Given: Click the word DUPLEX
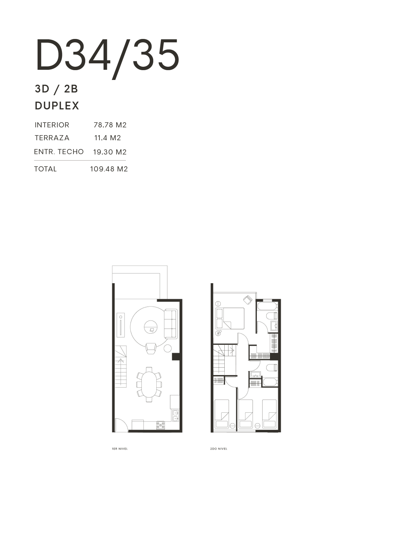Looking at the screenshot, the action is pos(57,106).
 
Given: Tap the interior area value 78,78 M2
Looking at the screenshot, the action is pos(110,125).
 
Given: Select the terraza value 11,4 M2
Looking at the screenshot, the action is pos(108,138).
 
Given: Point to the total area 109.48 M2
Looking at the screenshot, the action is pos(109,169).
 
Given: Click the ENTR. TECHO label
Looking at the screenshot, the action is pos(59,152).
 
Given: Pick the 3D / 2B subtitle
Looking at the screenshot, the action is pos(56,89).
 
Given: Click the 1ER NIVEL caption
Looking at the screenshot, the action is pos(120,449).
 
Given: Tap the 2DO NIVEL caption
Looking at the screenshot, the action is pos(219,449).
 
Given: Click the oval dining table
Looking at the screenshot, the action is pos(149,384).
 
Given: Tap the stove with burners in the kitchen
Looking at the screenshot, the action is pos(160,425).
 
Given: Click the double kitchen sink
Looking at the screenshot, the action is pos(176,415).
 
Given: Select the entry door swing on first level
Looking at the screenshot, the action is pos(121,424).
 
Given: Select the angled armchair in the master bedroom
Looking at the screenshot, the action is pos(248,300).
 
